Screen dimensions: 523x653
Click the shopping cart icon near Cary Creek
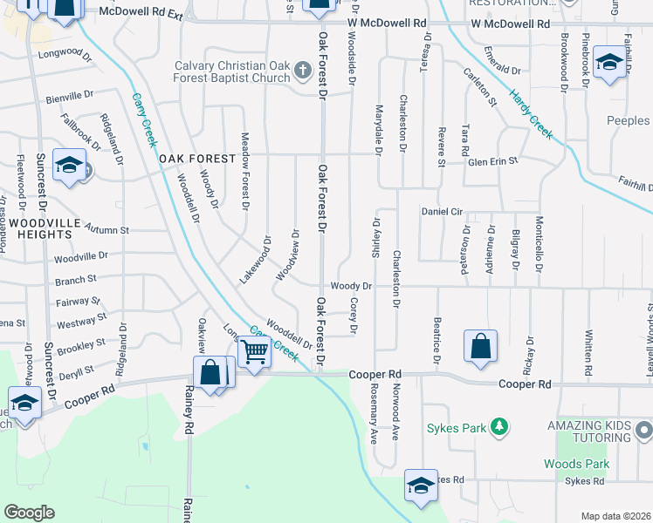(x=254, y=353)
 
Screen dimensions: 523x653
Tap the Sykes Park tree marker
(x=498, y=427)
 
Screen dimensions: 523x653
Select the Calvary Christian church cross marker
(x=303, y=70)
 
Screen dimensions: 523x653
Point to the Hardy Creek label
(x=531, y=114)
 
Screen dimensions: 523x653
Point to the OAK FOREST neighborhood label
(x=198, y=159)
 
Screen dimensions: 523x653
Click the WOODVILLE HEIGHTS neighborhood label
(x=41, y=229)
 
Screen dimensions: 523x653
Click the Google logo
(x=30, y=512)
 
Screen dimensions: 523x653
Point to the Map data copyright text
(x=615, y=516)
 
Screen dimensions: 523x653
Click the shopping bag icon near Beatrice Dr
(x=480, y=346)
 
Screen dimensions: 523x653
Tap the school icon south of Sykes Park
(x=421, y=486)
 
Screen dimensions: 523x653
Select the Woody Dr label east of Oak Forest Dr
(x=352, y=286)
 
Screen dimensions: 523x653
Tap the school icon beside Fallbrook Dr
(x=68, y=165)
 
